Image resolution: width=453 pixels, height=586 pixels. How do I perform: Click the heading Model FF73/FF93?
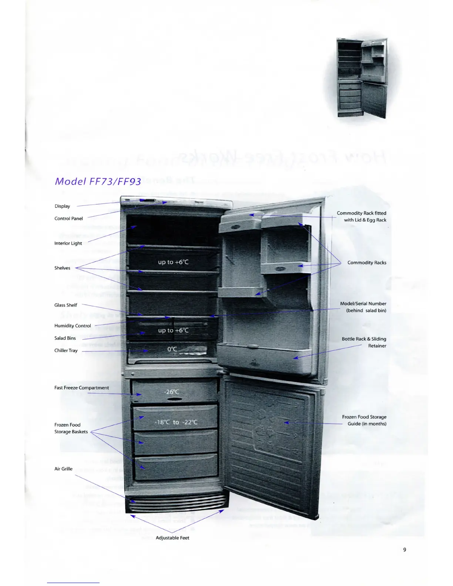coord(98,181)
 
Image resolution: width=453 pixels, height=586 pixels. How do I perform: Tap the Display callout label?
coord(62,206)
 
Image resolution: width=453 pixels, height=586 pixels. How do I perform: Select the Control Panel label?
coord(68,218)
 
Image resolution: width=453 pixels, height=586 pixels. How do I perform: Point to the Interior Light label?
coord(68,243)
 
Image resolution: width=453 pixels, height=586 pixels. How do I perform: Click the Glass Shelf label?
coord(66,305)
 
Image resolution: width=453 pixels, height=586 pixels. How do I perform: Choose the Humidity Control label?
coord(73,326)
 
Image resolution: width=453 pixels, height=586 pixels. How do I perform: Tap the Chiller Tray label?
coord(66,350)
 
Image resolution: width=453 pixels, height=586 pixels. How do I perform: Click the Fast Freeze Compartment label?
coord(81,388)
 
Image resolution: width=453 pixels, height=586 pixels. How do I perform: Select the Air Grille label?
coord(63,469)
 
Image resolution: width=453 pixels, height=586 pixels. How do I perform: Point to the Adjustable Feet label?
coord(172,538)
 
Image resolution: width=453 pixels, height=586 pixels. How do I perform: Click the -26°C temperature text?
coord(172,392)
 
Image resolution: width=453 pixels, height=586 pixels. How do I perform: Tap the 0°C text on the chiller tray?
coord(172,349)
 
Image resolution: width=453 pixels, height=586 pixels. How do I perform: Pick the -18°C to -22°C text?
coord(176,422)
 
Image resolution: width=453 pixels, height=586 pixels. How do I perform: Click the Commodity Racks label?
coord(367,263)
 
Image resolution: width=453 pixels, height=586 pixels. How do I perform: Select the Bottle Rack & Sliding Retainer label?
coord(364,342)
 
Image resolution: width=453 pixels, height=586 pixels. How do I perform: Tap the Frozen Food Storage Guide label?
coord(364,420)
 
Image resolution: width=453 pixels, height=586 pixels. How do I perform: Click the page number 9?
coord(405,550)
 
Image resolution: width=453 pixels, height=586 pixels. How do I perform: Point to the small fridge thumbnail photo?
coord(362,78)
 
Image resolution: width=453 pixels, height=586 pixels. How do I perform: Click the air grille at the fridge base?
coord(177,503)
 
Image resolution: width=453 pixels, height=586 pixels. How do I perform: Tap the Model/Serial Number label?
coord(363,307)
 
